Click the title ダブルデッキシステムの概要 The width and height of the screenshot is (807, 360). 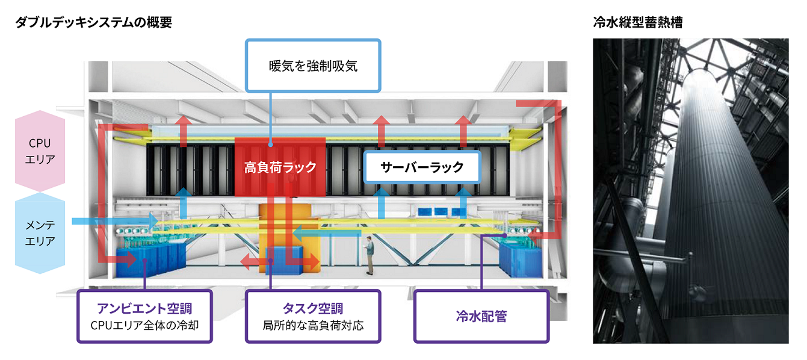pos(95,23)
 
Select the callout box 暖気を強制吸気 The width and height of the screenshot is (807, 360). pos(313,66)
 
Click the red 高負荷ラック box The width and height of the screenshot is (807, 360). pos(280,167)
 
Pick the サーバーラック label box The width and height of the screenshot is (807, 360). pos(422,167)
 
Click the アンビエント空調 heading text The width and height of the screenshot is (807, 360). pos(144,309)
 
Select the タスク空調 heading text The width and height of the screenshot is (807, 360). pos(313,309)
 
